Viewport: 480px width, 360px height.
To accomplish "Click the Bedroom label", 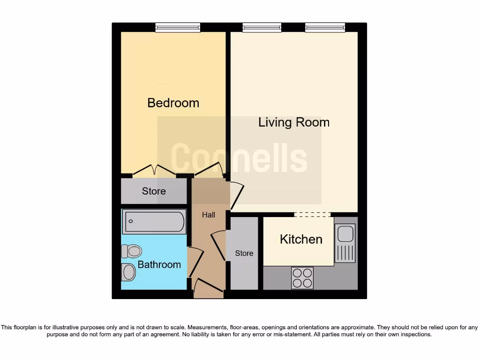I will (173, 103).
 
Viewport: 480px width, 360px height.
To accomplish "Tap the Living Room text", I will (294, 122).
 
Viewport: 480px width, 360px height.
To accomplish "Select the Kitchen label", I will (301, 239).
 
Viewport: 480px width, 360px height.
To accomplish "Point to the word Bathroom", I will (159, 264).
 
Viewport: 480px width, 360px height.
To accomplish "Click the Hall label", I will (209, 215).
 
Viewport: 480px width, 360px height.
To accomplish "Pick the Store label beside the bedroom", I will (154, 191).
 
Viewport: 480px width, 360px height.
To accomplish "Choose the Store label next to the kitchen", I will (244, 253).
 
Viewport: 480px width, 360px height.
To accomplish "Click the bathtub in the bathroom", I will (154, 222).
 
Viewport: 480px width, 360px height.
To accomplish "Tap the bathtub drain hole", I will (131, 221).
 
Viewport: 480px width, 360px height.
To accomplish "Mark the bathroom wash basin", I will (128, 272).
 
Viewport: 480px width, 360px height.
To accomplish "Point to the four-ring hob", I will (302, 277).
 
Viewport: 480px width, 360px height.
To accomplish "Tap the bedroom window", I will (178, 28).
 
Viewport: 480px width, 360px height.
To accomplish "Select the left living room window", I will (262, 28).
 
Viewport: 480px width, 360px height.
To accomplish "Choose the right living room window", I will (325, 28).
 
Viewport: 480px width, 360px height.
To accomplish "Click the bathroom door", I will (195, 262).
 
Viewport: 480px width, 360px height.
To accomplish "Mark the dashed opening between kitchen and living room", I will (312, 215).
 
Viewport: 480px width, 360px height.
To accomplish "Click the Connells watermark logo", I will (239, 158).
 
